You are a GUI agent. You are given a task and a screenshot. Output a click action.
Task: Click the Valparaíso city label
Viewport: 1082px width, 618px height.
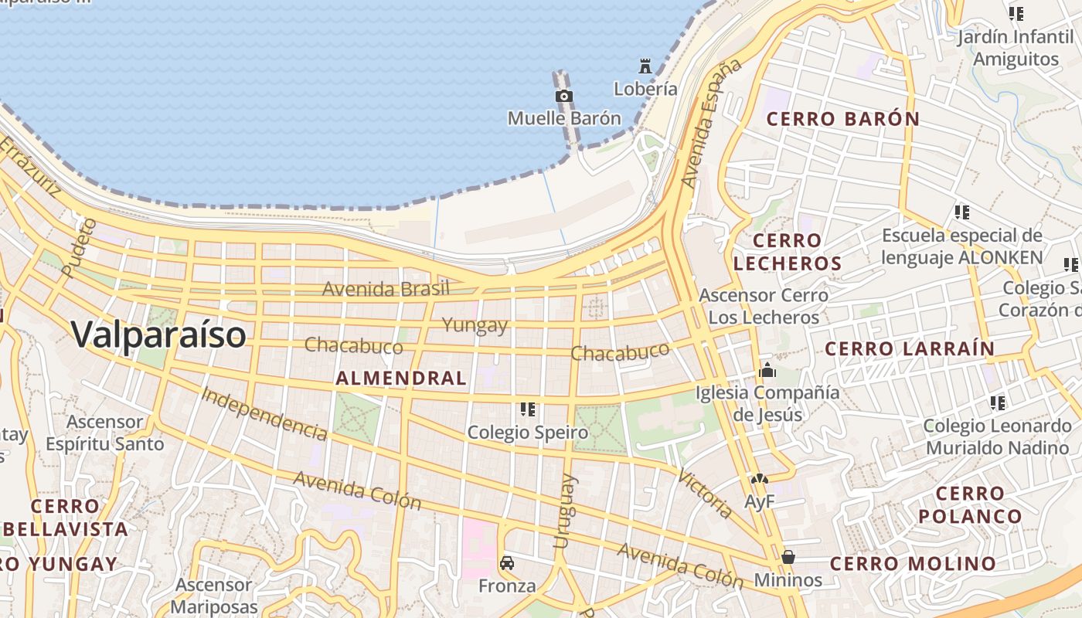pyautogui.click(x=159, y=334)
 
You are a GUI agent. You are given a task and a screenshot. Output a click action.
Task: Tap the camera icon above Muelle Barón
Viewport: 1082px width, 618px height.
pyautogui.click(x=564, y=96)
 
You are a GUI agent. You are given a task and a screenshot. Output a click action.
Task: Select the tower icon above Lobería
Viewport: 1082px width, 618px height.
pyautogui.click(x=645, y=66)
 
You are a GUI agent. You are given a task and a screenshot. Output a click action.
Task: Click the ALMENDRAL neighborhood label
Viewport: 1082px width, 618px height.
pyautogui.click(x=401, y=378)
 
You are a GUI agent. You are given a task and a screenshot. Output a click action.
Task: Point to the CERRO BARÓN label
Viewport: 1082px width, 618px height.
pyautogui.click(x=842, y=119)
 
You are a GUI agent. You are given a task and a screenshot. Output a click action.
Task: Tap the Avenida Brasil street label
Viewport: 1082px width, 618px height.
pyautogui.click(x=386, y=289)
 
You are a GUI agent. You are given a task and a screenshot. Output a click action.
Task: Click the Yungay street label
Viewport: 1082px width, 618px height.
pyautogui.click(x=475, y=325)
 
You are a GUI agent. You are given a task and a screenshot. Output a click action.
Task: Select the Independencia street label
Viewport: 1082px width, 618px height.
pyautogui.click(x=264, y=413)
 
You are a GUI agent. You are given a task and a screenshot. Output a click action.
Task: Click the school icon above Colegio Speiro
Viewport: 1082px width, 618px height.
pyautogui.click(x=528, y=409)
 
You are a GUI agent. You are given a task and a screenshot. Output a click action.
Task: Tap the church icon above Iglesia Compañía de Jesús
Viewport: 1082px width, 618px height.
pyautogui.click(x=767, y=370)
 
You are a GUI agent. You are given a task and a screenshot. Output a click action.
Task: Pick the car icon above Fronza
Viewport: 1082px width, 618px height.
pyautogui.click(x=507, y=562)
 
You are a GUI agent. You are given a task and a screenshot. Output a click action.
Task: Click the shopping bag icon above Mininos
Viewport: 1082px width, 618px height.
pyautogui.click(x=788, y=556)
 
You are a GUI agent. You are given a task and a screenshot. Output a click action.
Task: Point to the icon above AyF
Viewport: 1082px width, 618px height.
pyautogui.click(x=759, y=480)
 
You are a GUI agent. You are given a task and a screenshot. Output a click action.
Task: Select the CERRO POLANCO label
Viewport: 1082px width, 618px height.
pyautogui.click(x=970, y=504)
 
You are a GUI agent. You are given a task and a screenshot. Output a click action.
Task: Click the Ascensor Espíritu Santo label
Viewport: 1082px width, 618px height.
pyautogui.click(x=105, y=433)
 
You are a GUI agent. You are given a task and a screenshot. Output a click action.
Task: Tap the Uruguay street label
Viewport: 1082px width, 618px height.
pyautogui.click(x=565, y=511)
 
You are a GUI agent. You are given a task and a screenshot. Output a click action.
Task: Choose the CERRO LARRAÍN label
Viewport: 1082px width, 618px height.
pyautogui.click(x=910, y=348)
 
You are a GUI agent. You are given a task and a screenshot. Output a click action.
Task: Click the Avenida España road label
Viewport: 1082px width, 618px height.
pyautogui.click(x=711, y=124)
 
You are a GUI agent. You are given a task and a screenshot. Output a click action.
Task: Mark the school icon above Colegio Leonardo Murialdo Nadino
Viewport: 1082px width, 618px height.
pyautogui.click(x=998, y=402)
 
